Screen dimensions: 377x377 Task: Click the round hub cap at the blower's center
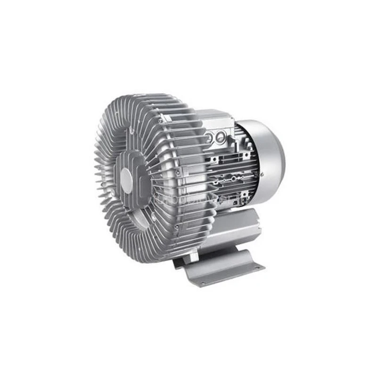126,178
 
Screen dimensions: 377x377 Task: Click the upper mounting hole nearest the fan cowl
246,154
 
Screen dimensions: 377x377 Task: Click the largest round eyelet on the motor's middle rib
230,178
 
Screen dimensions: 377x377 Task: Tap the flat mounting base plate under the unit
221,269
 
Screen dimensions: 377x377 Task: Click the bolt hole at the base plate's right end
258,268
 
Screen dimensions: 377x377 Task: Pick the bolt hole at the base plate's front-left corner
202,284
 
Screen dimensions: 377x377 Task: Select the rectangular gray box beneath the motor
236,226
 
